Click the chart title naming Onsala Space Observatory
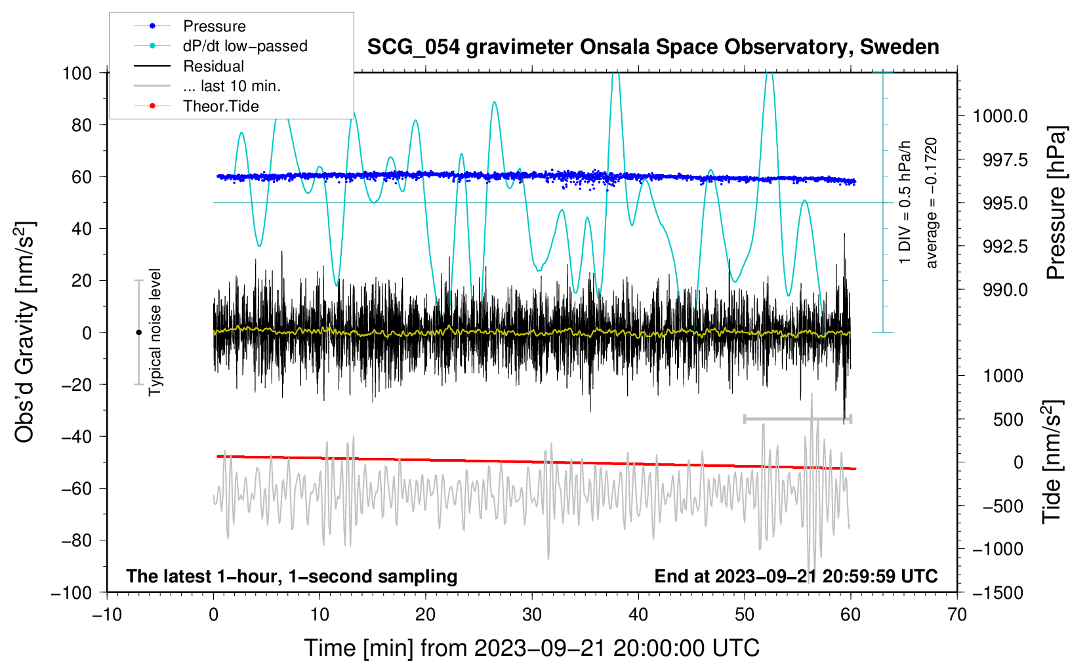point(653,47)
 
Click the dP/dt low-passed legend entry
point(245,46)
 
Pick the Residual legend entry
point(213,66)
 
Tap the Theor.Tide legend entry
point(220,106)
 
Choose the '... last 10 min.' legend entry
point(232,86)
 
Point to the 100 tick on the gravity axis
point(77,73)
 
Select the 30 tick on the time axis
point(532,615)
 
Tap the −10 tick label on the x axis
point(107,615)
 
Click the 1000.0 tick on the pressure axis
point(1000,116)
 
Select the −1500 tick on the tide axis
point(997,592)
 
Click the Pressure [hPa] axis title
point(1056,203)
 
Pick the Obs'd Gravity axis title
point(25,333)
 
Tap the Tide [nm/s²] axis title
point(1052,462)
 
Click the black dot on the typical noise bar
point(138,333)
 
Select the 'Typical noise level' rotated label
point(155,332)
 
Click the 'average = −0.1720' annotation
point(932,203)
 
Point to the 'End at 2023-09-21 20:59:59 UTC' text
point(796,576)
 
